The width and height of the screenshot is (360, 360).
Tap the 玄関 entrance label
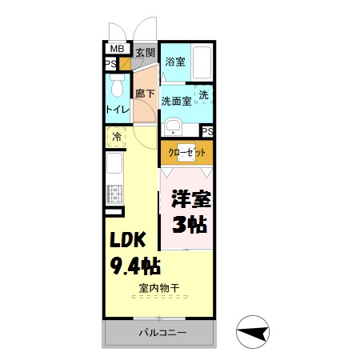pyautogui.click(x=145, y=54)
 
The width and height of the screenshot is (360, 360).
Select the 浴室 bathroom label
pyautogui.click(x=174, y=60)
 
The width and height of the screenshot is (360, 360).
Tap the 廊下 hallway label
pyautogui.click(x=144, y=93)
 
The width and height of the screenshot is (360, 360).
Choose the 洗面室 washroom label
pyautogui.click(x=176, y=101)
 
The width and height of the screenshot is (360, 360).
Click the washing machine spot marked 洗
pyautogui.click(x=204, y=94)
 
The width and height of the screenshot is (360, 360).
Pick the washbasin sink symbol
pyautogui.click(x=171, y=127)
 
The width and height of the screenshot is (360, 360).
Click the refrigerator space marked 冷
pyautogui.click(x=117, y=137)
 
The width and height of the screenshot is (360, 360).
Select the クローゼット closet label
pyautogui.click(x=186, y=152)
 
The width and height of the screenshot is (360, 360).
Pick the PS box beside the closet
pyautogui.click(x=206, y=131)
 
